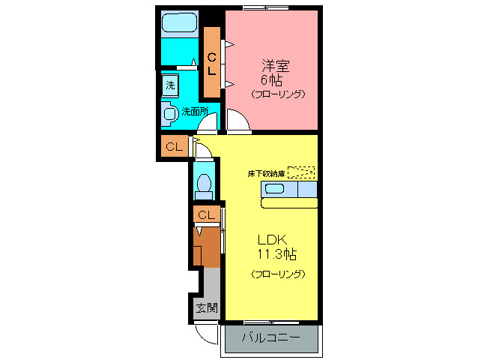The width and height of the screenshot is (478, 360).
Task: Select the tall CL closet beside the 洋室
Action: coord(212,62)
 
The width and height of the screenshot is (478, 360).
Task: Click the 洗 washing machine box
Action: coord(170,85)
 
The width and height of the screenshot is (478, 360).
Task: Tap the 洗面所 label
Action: coord(196,112)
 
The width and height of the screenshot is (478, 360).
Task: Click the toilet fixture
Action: coord(203,183)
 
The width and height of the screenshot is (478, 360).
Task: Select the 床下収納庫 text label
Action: coord(267,173)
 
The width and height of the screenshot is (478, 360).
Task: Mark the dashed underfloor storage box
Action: coord(301,172)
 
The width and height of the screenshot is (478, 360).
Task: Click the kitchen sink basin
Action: coord(274,189)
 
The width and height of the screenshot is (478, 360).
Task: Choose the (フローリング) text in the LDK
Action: coord(278,274)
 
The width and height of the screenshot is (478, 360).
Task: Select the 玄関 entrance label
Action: coord(207,307)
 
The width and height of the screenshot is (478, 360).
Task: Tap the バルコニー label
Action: coord(270,338)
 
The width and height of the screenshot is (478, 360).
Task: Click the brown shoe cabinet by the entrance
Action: coord(206,247)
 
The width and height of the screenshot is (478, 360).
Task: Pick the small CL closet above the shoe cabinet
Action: coord(206,215)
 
